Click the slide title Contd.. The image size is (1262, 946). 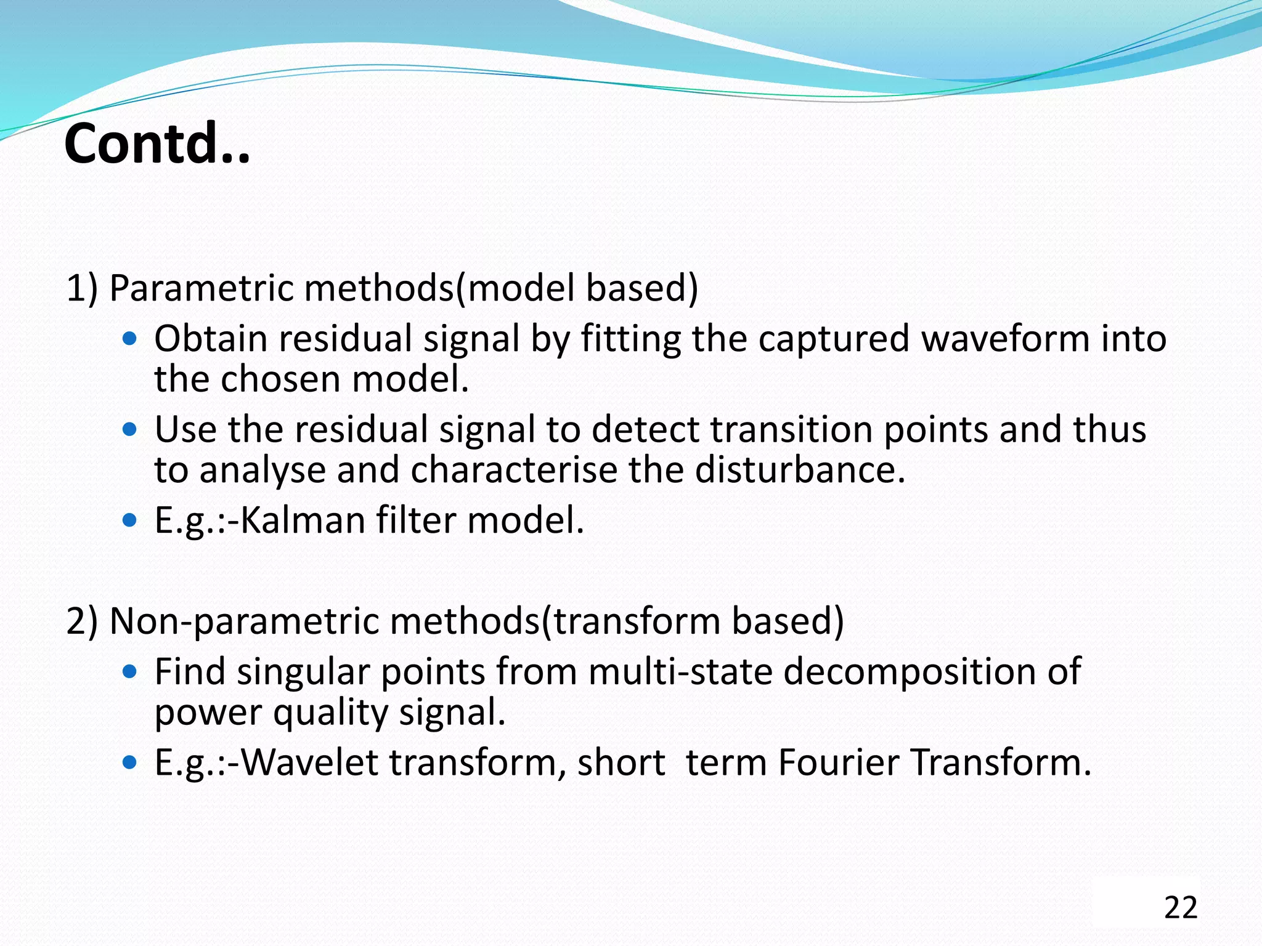tap(157, 144)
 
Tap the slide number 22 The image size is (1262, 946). tap(1180, 908)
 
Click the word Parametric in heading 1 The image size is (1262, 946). tap(201, 288)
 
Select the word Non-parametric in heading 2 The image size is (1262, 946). tap(244, 621)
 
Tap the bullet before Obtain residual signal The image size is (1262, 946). tap(129, 339)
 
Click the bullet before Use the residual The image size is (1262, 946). tap(129, 429)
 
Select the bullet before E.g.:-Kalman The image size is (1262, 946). tap(129, 520)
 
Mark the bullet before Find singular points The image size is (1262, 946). tap(129, 671)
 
